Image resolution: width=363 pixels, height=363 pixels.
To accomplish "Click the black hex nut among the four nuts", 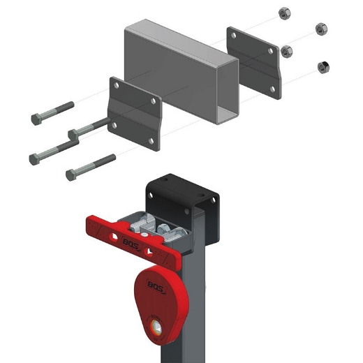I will pos(323,67).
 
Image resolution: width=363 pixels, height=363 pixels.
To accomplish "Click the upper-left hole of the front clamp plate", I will pos(117,86).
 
